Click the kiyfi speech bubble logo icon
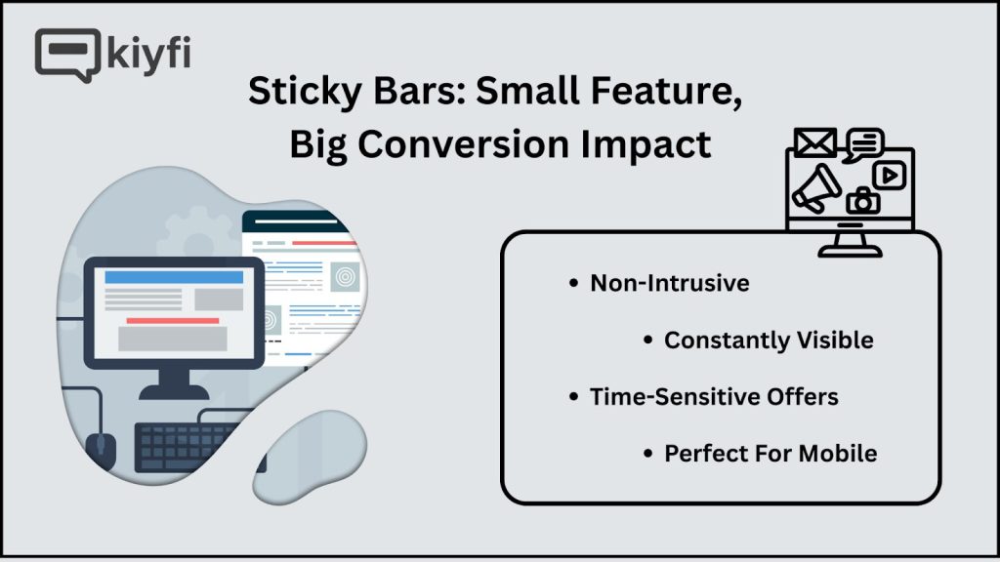67,55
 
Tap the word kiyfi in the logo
148,54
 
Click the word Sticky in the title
305,91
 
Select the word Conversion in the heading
463,144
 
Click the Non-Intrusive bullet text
670,283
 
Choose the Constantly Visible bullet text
769,341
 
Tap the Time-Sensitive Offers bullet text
714,397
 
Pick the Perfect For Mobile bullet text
771,454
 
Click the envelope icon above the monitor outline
815,142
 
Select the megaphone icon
816,188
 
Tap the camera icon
863,200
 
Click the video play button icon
890,176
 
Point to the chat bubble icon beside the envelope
863,144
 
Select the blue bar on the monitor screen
174,277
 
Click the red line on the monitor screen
172,320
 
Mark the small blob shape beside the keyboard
310,457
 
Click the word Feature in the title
666,91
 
